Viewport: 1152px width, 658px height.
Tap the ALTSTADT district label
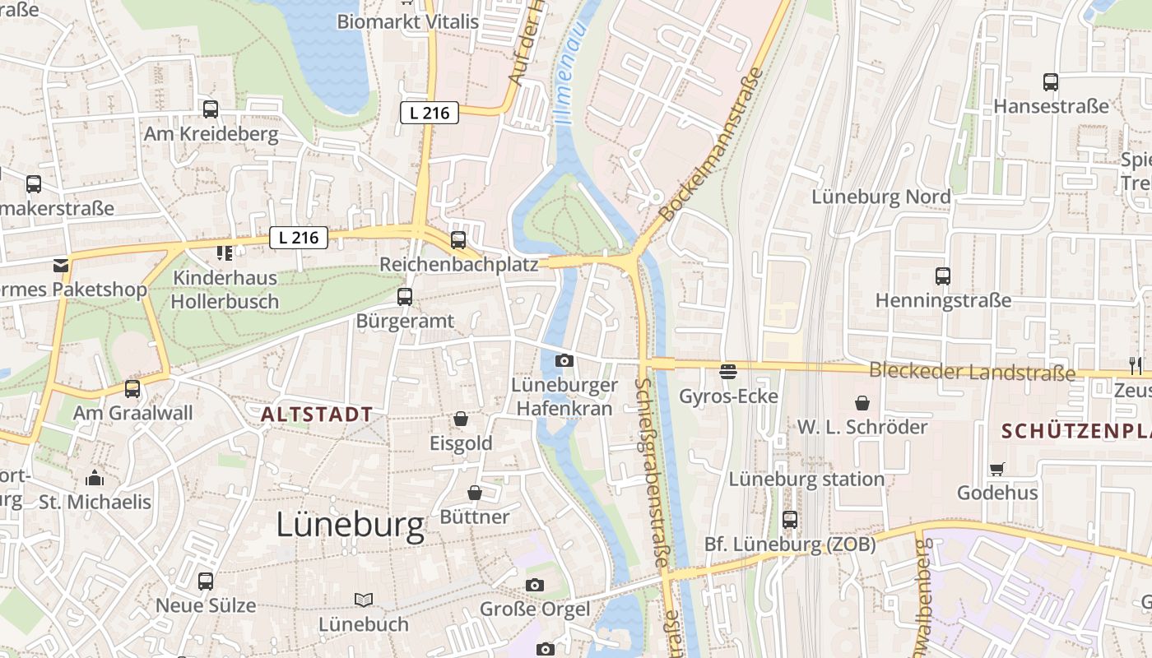pos(317,415)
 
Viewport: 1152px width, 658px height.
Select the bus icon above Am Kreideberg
pos(211,109)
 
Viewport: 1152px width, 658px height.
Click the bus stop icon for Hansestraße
pos(1051,82)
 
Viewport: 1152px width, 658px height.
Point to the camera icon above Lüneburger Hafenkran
pos(564,360)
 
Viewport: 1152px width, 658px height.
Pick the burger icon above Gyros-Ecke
pos(728,372)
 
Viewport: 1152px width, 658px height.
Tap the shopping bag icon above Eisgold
pos(461,419)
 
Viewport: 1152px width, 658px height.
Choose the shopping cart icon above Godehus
pos(997,469)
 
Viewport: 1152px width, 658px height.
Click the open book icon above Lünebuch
pos(364,600)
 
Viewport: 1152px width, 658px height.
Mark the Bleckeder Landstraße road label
pos(972,372)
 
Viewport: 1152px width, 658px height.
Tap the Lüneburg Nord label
pos(880,197)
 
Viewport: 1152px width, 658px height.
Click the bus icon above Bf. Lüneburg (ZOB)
pos(790,520)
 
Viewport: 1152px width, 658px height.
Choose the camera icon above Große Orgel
pos(535,586)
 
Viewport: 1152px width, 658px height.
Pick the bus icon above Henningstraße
pos(943,276)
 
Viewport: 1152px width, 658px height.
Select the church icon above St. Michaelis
pos(95,478)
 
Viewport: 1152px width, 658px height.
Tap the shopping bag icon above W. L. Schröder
pos(862,403)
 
